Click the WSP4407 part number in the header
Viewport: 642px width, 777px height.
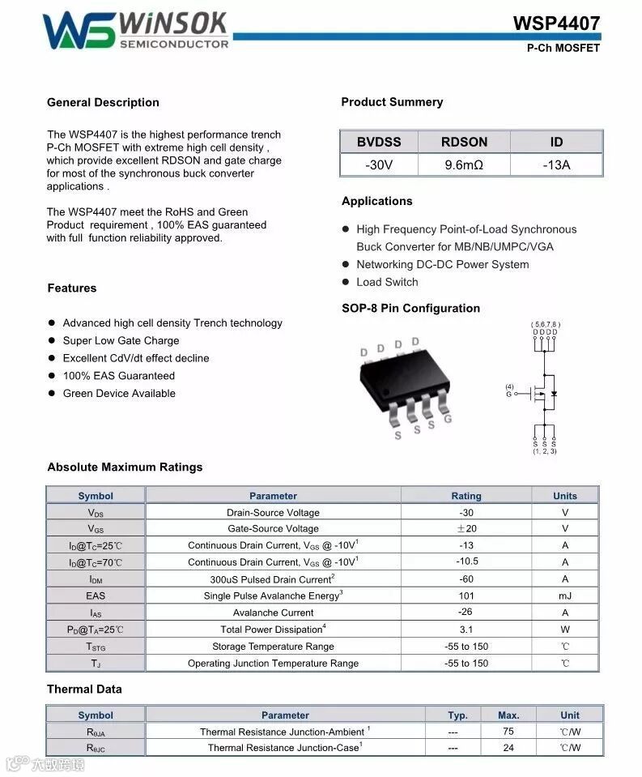556,23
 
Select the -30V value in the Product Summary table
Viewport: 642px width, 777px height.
378,165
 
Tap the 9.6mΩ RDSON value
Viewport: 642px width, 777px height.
464,165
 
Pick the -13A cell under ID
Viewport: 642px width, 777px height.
556,165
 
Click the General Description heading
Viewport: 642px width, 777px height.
103,102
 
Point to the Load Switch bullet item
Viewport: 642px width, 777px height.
387,282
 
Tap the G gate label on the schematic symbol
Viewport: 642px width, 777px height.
509,394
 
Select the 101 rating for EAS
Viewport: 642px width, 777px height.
466,596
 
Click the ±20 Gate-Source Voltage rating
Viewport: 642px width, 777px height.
466,528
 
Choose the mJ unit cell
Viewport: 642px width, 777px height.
565,596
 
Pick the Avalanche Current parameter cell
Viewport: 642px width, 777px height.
273,613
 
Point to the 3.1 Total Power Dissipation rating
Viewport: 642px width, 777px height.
466,630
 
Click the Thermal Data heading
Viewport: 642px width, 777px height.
84,689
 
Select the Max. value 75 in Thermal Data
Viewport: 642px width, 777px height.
508,731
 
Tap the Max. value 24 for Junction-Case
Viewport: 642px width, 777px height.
508,748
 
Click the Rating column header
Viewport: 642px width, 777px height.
466,496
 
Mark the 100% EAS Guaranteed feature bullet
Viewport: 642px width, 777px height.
118,376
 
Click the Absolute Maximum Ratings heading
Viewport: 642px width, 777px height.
125,467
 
